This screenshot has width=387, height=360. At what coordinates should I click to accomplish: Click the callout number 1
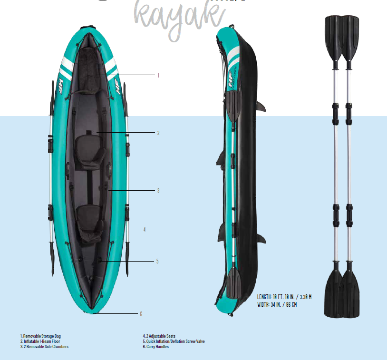158,75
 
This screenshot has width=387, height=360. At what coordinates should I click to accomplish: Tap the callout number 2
158,133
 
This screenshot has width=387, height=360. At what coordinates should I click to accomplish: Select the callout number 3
158,190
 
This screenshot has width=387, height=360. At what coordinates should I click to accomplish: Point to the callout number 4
144,229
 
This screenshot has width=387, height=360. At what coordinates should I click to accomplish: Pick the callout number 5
157,261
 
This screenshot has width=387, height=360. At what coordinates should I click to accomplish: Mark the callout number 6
141,314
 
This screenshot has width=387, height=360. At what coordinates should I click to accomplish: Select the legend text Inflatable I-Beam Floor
41,341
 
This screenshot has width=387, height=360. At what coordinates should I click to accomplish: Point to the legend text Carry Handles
157,347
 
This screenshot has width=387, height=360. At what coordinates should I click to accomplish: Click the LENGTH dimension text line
284,297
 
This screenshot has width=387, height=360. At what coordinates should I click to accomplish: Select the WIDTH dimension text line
277,304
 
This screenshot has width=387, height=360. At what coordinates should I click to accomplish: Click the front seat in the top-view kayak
88,150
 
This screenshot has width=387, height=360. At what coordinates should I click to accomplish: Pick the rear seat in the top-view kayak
88,221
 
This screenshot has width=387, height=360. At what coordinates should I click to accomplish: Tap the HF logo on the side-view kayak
232,81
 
